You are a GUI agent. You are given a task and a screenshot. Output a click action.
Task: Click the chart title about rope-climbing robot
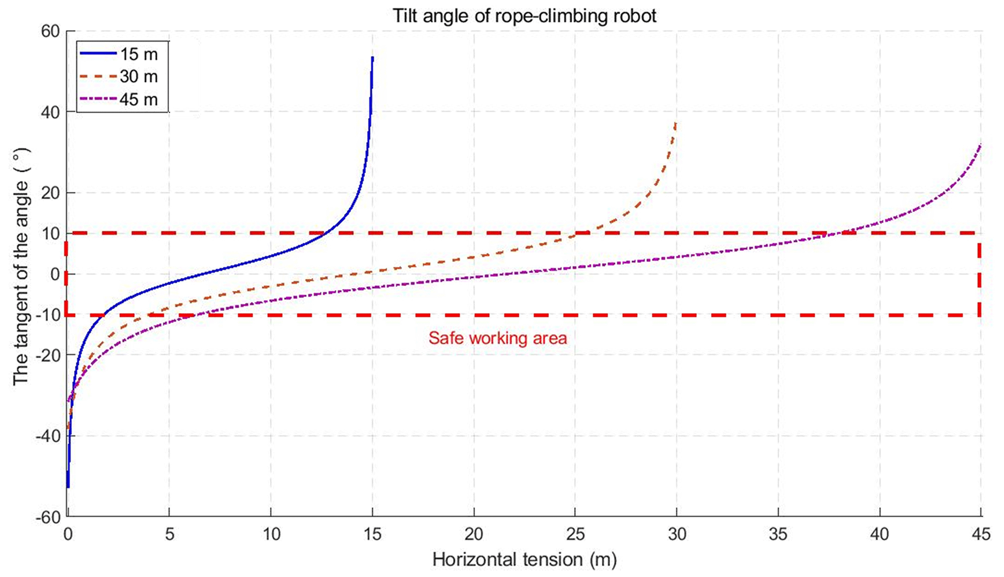click(x=524, y=16)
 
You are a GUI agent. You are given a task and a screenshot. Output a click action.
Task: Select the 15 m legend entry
click(x=138, y=53)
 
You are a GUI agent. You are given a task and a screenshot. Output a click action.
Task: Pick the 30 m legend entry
click(x=138, y=76)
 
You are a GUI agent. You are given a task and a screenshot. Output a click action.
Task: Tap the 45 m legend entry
click(x=138, y=99)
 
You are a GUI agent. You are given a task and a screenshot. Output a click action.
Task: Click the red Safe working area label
click(x=497, y=338)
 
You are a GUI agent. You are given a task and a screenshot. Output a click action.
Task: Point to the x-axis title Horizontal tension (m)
click(x=524, y=560)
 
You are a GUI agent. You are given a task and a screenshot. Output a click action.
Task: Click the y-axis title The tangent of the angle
click(x=20, y=267)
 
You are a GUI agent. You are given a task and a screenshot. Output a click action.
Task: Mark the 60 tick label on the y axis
click(x=50, y=32)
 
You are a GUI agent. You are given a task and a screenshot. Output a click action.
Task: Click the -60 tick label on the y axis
click(x=47, y=517)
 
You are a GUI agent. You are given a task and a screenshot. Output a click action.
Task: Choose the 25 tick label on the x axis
click(x=575, y=535)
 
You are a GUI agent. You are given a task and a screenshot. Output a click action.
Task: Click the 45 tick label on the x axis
click(x=981, y=535)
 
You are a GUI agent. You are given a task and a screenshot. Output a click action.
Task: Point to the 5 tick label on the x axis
click(x=169, y=535)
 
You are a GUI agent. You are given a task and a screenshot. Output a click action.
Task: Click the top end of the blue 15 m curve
click(x=372, y=58)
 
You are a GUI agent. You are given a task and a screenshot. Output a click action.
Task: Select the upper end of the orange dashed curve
click(x=676, y=123)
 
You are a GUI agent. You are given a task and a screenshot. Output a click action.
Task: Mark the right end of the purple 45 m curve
click(x=980, y=145)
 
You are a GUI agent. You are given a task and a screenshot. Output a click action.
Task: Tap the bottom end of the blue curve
click(x=68, y=486)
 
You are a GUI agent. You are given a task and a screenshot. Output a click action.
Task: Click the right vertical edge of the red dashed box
click(x=979, y=274)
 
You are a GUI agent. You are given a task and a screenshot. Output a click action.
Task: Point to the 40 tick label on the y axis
click(x=50, y=112)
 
